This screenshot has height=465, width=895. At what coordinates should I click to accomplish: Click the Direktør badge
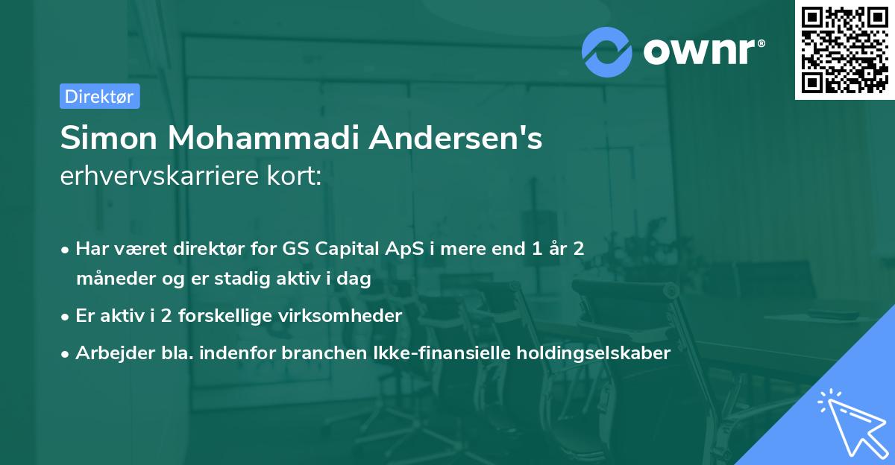coord(99,96)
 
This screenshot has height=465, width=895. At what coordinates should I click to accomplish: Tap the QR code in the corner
coord(844,49)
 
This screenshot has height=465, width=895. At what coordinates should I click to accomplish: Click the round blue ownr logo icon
coord(607,52)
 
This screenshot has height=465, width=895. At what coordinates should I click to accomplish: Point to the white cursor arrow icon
coord(850,422)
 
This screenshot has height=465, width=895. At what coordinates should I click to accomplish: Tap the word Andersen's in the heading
coord(460,138)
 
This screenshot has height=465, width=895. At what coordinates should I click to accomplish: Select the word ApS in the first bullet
coord(407,249)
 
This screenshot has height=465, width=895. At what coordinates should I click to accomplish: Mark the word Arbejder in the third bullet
coord(107,353)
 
